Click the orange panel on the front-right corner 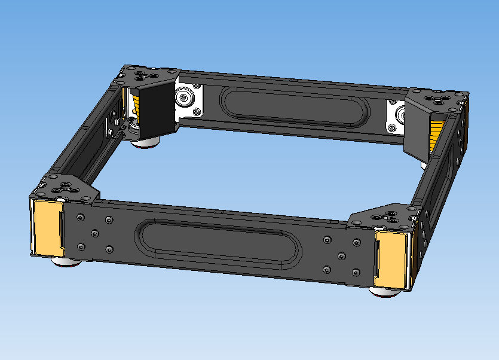(390, 257)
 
